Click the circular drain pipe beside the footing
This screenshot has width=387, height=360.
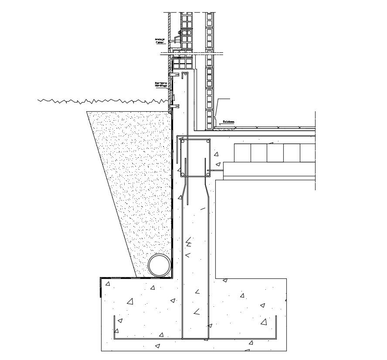[160, 265]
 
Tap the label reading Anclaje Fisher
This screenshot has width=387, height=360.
[160, 41]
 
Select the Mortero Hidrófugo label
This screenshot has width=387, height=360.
[160, 84]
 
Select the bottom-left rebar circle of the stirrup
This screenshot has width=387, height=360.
[184, 174]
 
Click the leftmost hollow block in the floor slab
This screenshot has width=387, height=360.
[242, 153]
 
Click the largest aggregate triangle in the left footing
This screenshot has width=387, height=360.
[129, 301]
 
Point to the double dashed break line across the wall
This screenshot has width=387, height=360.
[192, 54]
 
